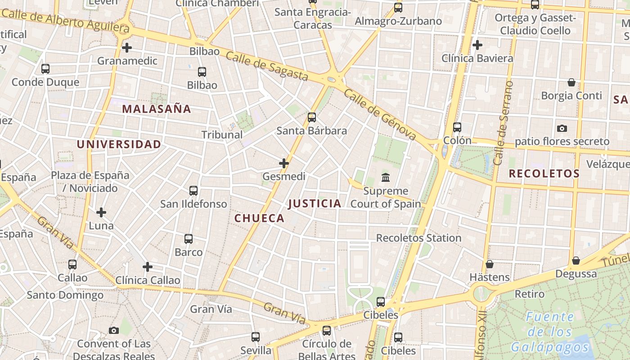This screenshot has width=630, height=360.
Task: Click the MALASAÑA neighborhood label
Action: click(x=156, y=109)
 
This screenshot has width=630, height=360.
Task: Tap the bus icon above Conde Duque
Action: click(x=45, y=69)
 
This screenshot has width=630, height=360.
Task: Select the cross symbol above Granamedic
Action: click(x=127, y=47)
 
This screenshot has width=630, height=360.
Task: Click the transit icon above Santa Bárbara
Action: click(x=311, y=118)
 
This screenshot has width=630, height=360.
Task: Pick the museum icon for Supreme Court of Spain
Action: click(x=386, y=178)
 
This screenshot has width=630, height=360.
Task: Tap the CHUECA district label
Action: click(x=259, y=219)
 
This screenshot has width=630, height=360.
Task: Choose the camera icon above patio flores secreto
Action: click(x=562, y=129)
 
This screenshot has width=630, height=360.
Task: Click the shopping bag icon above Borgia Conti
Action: click(x=571, y=82)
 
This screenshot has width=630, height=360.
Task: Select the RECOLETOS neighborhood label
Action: click(x=544, y=174)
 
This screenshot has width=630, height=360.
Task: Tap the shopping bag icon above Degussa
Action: click(x=576, y=261)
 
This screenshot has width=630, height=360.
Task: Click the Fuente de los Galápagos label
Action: click(x=549, y=332)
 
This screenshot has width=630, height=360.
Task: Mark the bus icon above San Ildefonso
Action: click(x=193, y=191)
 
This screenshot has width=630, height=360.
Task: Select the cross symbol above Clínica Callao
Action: click(x=148, y=267)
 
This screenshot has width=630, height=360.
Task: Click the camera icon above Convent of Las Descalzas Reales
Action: click(x=114, y=331)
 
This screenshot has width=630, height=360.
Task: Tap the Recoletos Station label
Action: click(x=418, y=238)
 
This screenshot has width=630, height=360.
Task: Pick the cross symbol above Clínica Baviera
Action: click(x=477, y=45)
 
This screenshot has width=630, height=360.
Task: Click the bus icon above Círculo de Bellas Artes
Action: click(x=327, y=331)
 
